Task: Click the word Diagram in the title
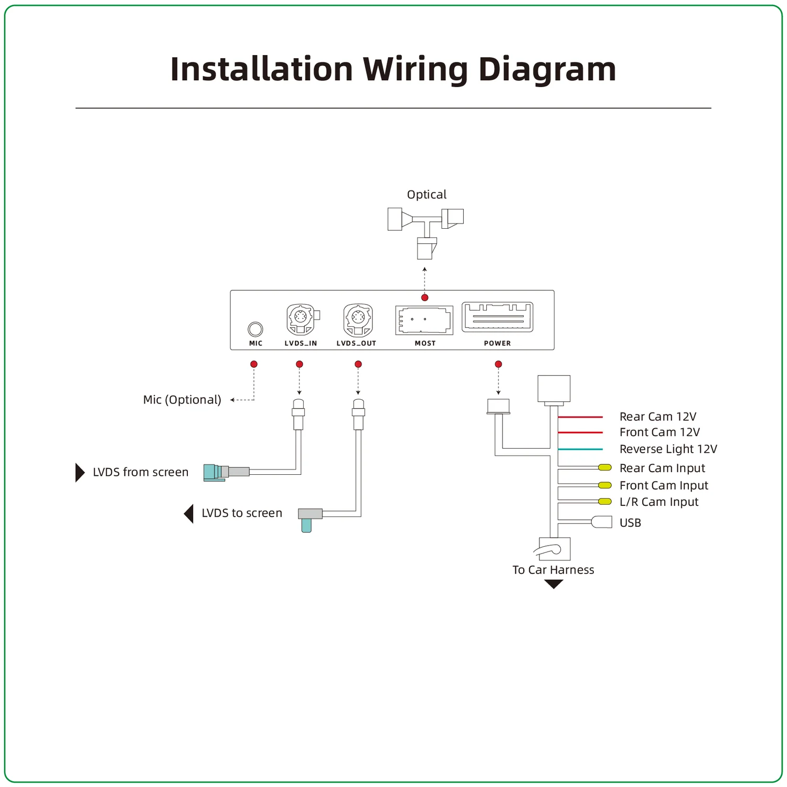tap(547, 70)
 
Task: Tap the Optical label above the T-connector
tap(427, 195)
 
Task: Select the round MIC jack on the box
tap(256, 329)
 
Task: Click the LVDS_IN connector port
tap(301, 318)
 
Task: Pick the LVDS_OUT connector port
tap(358, 319)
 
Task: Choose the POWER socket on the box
tap(497, 317)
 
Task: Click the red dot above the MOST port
tap(425, 297)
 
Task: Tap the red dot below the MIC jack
tap(254, 364)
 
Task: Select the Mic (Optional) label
tap(182, 400)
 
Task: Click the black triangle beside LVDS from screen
tap(80, 472)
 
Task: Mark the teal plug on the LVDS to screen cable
tap(306, 525)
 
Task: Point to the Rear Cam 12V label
tap(658, 417)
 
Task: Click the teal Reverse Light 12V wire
tap(580, 450)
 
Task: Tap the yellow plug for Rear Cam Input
tap(605, 467)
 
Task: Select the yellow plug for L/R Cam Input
tap(605, 502)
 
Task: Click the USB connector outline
tap(602, 522)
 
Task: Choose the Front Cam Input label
tap(664, 485)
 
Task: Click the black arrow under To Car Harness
tap(554, 584)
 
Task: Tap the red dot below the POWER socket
tap(498, 364)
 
